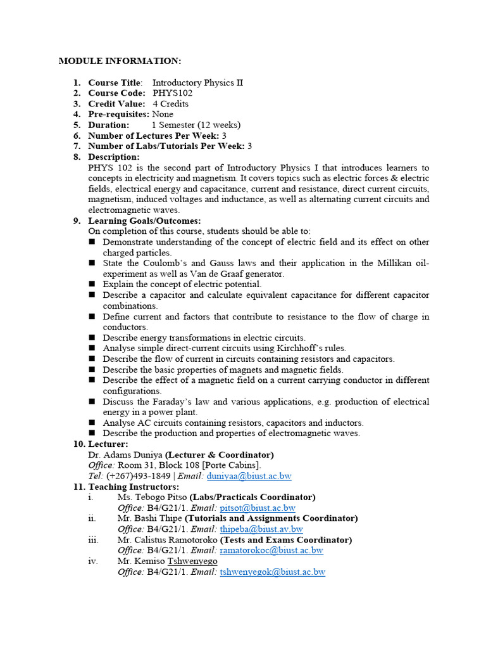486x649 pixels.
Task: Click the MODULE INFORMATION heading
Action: pos(120,61)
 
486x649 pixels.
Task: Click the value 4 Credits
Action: pos(170,104)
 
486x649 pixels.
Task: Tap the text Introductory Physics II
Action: pos(197,83)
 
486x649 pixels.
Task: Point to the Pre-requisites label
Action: pos(118,115)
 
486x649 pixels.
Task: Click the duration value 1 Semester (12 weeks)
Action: pos(196,125)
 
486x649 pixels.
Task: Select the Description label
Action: pos(113,157)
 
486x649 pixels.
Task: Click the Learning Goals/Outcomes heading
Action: pos(144,221)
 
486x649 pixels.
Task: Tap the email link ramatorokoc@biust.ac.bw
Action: pos(271,550)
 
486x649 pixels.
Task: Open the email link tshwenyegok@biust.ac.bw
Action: pos(272,572)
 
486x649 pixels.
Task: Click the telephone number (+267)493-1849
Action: pos(138,476)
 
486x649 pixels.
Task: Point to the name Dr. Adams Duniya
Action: pos(125,454)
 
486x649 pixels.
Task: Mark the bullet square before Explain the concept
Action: pos(92,285)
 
